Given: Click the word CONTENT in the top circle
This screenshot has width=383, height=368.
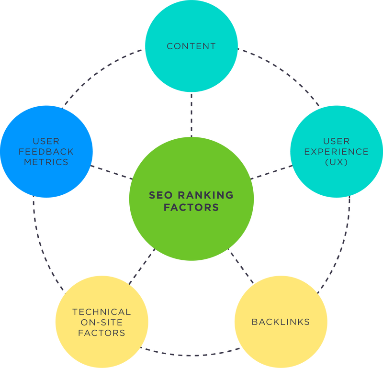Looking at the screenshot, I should tap(191, 46).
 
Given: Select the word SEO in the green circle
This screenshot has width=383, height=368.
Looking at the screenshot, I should tap(161, 195).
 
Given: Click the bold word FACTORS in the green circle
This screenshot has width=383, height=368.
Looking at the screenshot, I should tap(191, 208).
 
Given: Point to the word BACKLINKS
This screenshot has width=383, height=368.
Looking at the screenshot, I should tap(281, 322).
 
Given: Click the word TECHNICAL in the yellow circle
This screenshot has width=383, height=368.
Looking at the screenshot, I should tap(101, 312).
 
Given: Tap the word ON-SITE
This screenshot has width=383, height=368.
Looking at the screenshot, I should tap(101, 323).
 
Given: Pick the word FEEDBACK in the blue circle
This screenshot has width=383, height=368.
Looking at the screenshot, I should tap(47, 152).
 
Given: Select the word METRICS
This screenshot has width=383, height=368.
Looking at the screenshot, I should tap(47, 162).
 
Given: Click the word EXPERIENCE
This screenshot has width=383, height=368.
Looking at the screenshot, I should tap(336, 152).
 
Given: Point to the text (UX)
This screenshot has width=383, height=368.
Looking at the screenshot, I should tap(336, 162).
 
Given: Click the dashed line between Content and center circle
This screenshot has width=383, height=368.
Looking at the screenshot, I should tap(191, 115).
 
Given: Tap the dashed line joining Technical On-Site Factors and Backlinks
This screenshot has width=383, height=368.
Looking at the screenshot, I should tap(191, 354).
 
